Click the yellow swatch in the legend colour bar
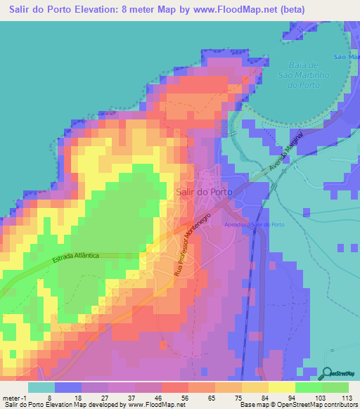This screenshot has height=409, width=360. click(281, 387)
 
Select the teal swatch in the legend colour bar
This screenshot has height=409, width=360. click(41, 387)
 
